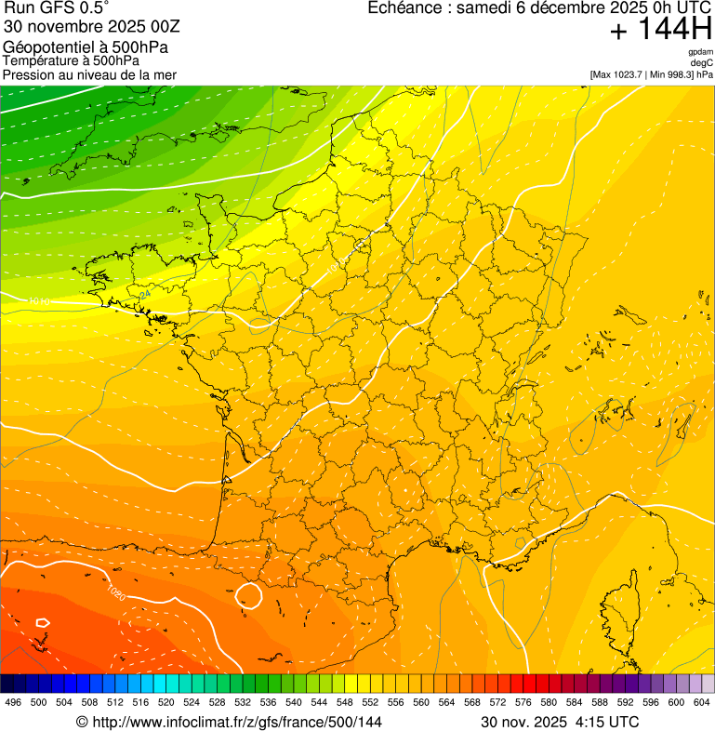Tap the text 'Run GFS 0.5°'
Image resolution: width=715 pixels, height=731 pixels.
(56, 8)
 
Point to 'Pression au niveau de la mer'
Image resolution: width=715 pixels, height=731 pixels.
(89, 74)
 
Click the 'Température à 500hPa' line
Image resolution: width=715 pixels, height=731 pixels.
(72, 61)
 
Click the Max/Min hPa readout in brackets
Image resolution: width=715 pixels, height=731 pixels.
(651, 74)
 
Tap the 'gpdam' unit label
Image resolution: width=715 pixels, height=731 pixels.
(700, 52)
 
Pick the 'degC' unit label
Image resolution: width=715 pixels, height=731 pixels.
(702, 63)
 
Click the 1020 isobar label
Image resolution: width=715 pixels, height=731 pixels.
(115, 591)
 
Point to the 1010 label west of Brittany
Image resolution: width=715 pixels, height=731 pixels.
(39, 301)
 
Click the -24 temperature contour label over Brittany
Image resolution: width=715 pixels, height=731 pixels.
(144, 295)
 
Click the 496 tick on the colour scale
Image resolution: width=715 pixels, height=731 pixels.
(13, 702)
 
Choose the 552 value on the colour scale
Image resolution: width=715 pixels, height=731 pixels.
(370, 702)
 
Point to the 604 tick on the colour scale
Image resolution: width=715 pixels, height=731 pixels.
(702, 702)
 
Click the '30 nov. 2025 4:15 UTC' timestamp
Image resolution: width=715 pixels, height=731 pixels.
(559, 722)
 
